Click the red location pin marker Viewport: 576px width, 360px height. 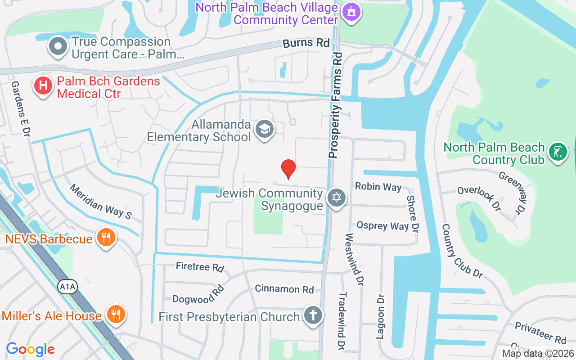[x=288, y=169]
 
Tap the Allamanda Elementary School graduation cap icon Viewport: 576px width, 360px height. [x=265, y=130]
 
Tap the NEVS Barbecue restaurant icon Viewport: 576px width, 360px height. [x=106, y=238]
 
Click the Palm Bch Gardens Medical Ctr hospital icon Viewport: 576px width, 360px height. [x=43, y=86]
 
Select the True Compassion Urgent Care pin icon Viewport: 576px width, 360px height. [x=58, y=46]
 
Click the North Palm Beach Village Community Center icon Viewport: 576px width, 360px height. [x=351, y=12]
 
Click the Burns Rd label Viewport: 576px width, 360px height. [x=306, y=43]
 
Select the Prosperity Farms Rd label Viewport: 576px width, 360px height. [x=336, y=105]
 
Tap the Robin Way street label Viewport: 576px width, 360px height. [x=378, y=186]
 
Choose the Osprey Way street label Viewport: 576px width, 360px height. [x=382, y=225]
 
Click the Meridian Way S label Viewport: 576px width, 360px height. [x=100, y=202]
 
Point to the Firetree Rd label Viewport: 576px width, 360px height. [x=200, y=267]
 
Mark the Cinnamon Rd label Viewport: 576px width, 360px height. [x=284, y=289]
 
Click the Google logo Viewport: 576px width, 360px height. [x=31, y=349]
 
